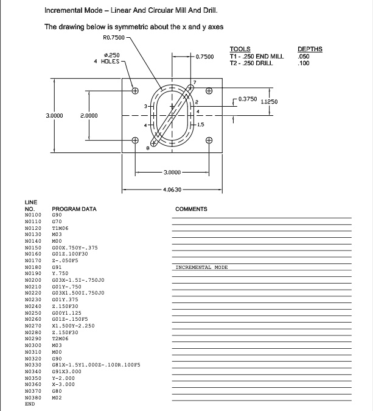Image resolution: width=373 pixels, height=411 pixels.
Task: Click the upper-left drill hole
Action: pos(135,91)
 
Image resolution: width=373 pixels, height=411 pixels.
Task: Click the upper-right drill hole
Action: pos(209,91)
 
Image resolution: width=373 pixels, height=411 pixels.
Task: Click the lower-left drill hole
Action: pos(135,140)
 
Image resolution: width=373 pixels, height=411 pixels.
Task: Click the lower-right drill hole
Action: pos(209,140)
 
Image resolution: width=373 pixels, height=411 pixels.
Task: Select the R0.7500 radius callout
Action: pos(114,38)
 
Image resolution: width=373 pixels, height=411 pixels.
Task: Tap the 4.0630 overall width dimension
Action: pos(172,188)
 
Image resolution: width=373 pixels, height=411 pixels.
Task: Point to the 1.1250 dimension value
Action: pos(268,102)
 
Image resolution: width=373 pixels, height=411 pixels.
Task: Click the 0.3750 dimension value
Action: pos(248,98)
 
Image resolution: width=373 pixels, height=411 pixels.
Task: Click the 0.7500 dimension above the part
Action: pos(206,57)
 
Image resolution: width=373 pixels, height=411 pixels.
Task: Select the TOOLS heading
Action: pos(240,49)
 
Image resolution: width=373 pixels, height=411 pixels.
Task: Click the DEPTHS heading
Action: pos(310,49)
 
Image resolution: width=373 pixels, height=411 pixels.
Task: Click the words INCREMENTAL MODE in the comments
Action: pos(201,267)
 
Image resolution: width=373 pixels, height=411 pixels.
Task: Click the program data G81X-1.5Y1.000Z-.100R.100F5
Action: pos(96,364)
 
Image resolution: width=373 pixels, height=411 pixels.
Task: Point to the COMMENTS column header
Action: pos(191,209)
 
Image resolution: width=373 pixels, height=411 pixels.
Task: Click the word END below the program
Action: pos(29,404)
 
